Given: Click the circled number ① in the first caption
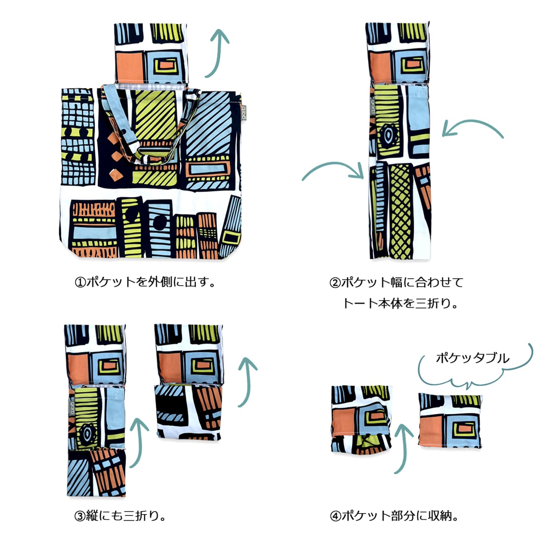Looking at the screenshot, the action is coord(80,282).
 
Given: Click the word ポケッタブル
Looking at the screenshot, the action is coord(473,358).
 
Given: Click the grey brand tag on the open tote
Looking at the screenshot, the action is coord(243,113).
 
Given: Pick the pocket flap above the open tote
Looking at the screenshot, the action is coord(151,53).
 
